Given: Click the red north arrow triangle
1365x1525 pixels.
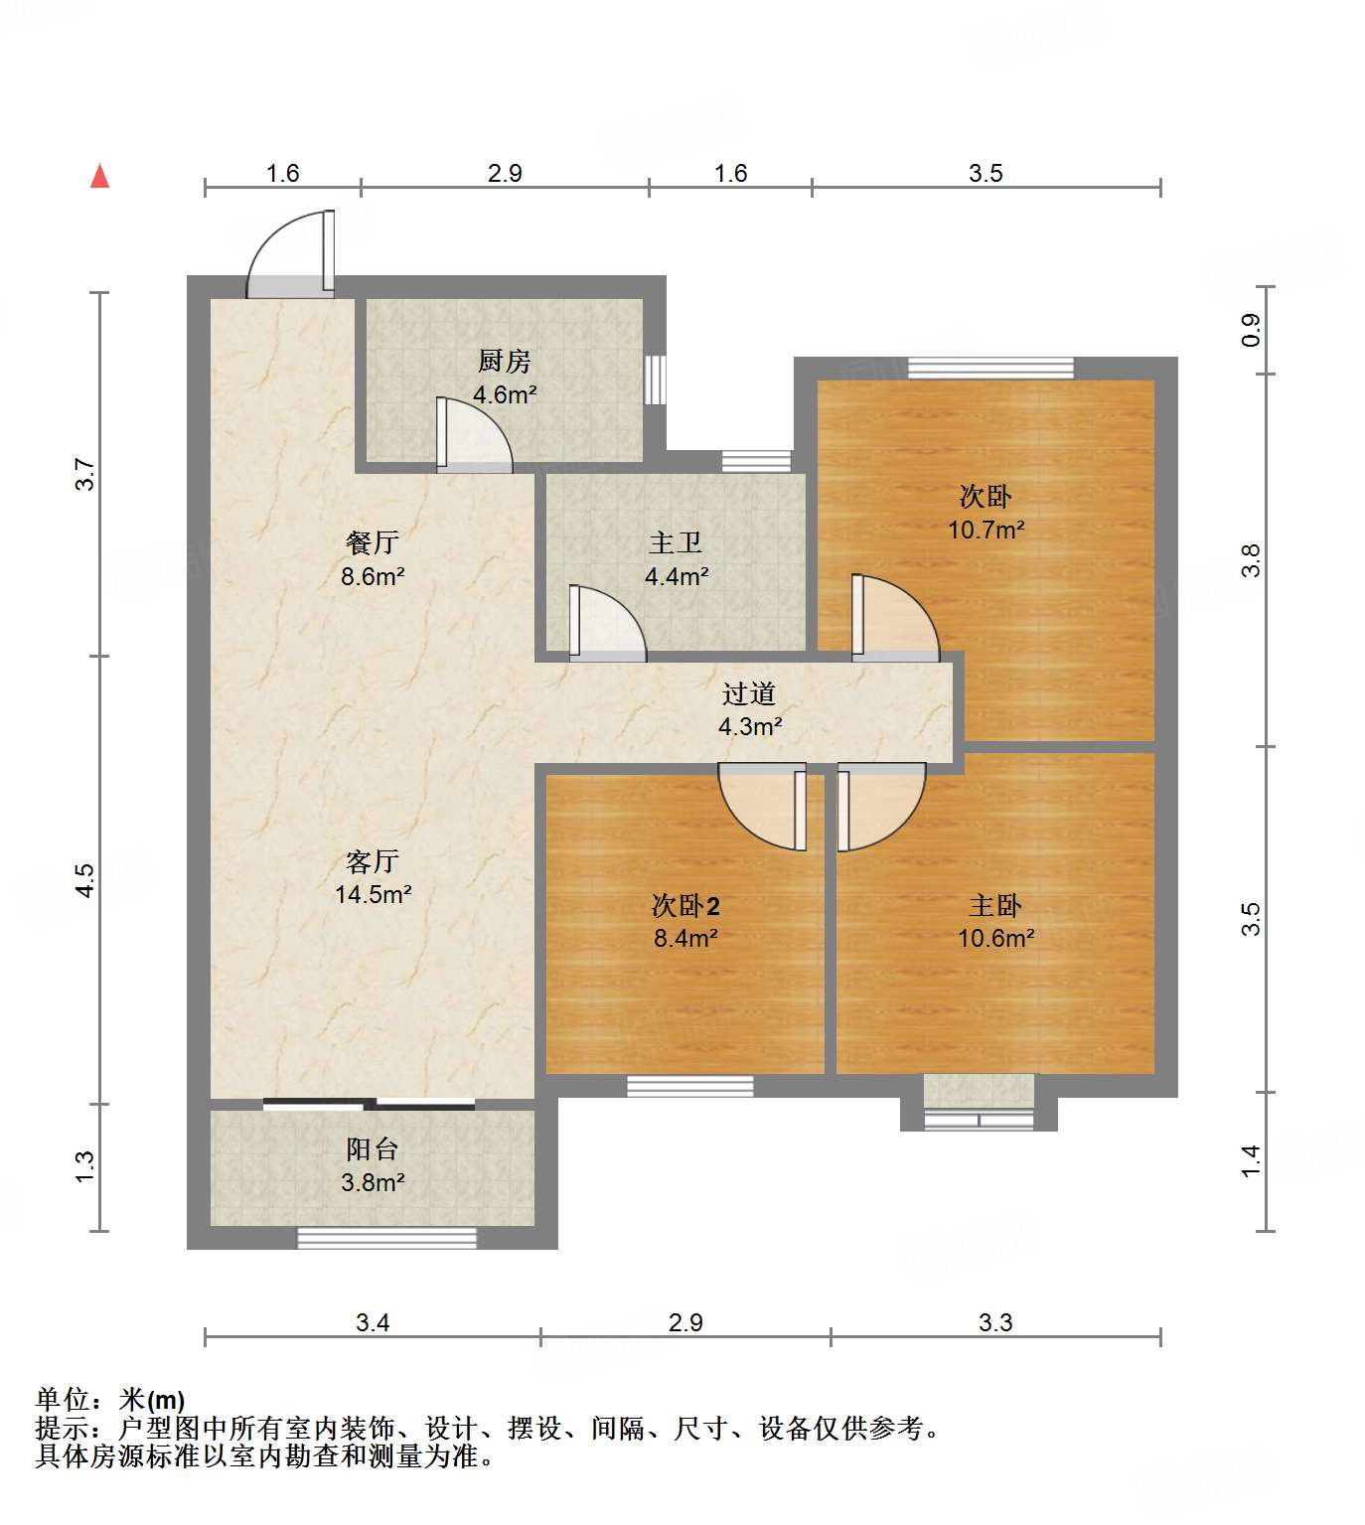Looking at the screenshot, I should coord(99,177).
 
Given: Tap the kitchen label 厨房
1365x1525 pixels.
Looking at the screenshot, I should coord(505,361).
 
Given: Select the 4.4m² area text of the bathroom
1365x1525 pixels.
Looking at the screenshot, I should coord(677,576).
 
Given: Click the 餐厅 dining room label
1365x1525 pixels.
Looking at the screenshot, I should coord(373,542).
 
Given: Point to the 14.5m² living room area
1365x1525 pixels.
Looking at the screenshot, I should coord(373,894).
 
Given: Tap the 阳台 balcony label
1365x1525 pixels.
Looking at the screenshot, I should coord(373,1149).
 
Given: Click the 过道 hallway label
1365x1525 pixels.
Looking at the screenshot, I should coord(749,693).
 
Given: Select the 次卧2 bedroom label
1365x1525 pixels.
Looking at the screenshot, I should coord(685,905).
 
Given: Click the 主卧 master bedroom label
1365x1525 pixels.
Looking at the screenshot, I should coord(995,905).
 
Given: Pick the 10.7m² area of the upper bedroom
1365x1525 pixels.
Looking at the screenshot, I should coord(986,530).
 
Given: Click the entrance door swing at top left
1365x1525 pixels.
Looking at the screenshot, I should coord(290,255).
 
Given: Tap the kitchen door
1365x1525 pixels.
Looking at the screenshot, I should coord(473,435).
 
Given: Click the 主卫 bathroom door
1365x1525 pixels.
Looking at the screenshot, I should coord(606,624).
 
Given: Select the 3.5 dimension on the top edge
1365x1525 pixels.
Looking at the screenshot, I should coord(986,173).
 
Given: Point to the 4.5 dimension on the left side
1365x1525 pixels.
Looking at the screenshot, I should coord(85,880).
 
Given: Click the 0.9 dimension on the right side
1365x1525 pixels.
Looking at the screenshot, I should coord(1251,330).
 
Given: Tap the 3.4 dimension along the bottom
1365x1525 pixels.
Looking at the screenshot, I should coord(373,1322).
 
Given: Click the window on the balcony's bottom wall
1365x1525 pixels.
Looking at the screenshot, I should coord(387,1238).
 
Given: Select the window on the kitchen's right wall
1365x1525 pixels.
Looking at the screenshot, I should coord(654,380).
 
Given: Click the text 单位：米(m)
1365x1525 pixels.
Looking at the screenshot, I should coord(110,1400).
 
